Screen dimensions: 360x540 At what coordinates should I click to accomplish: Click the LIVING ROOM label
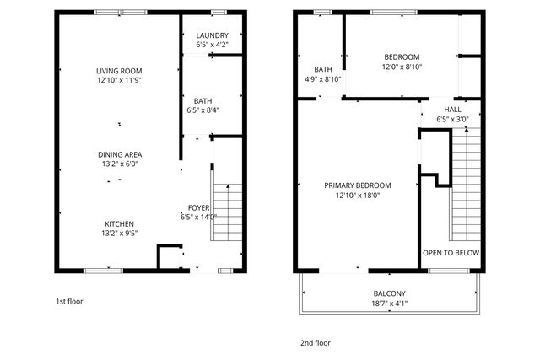pos(119,71)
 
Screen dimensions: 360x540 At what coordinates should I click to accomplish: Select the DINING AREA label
pos(119,154)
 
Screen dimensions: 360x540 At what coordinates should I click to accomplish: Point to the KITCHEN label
pos(119,223)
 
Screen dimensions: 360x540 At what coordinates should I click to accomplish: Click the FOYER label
pos(198,207)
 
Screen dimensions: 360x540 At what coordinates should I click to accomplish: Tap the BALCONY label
pos(390,294)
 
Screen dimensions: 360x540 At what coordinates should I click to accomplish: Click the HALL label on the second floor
pos(453,110)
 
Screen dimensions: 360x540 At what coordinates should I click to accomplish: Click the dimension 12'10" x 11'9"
pos(119,80)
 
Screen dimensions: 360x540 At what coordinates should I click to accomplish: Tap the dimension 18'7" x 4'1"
pos(390,304)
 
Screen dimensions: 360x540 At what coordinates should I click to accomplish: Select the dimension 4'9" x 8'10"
pos(322,79)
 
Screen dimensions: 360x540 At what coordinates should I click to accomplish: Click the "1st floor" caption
pos(69,301)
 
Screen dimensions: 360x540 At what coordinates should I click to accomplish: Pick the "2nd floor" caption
pos(316,343)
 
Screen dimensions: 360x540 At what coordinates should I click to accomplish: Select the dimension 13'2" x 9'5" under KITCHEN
pos(119,233)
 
